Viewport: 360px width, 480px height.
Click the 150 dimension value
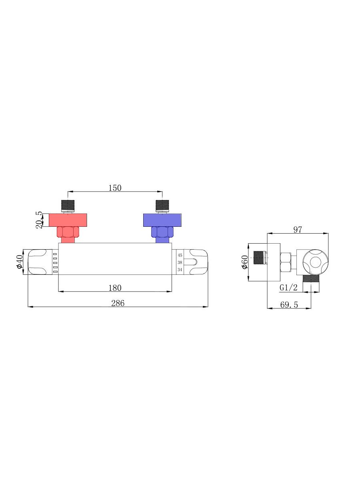point(115,188)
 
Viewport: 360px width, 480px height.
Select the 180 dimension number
point(115,288)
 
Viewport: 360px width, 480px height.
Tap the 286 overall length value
point(118,303)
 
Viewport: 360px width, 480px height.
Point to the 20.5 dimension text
point(39,220)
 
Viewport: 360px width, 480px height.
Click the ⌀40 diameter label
point(19,262)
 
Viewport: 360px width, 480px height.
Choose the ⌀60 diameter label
point(244,262)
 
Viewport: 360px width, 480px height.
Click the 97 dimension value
point(298,230)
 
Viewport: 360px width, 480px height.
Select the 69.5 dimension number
point(289,305)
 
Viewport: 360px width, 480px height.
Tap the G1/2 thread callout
point(288,288)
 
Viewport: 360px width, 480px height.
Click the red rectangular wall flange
point(68,220)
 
